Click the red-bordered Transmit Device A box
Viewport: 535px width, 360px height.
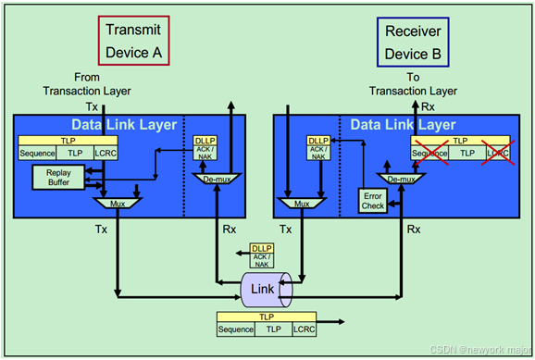131,42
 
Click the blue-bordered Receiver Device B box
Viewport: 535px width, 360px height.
415,42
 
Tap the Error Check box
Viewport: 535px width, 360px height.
374,200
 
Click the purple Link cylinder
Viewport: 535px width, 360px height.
264,290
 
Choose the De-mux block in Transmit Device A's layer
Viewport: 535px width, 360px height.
218,176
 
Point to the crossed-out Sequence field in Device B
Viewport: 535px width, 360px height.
429,153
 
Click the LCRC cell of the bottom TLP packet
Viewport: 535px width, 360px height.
304,329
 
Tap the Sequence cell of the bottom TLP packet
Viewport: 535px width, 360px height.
236,329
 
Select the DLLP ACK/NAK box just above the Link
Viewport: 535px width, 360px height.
262,255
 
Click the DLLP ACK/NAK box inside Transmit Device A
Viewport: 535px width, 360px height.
205,148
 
